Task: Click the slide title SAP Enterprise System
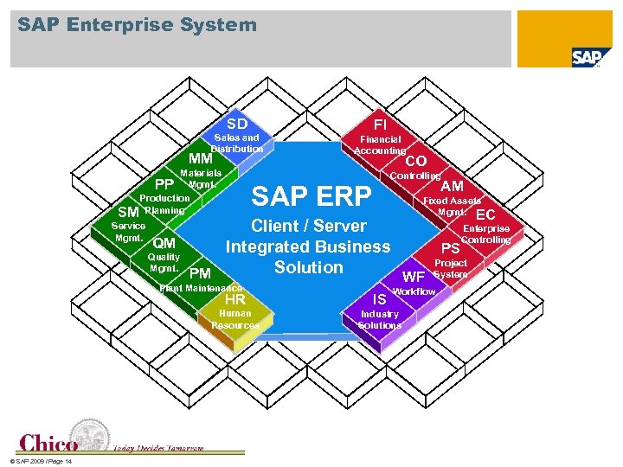tap(138, 24)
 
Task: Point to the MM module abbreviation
tap(201, 159)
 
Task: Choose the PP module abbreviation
tap(164, 184)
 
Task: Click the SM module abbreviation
tap(128, 212)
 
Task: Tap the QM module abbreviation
tap(164, 244)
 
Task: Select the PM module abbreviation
tap(200, 274)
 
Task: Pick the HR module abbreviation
tap(235, 300)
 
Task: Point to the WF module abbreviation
tap(414, 278)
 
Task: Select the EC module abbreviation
tap(485, 214)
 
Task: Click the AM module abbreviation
tap(452, 187)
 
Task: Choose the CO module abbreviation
tap(416, 161)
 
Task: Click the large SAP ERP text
tap(311, 195)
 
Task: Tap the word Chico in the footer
tap(48, 444)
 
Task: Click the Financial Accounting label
tap(380, 144)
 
